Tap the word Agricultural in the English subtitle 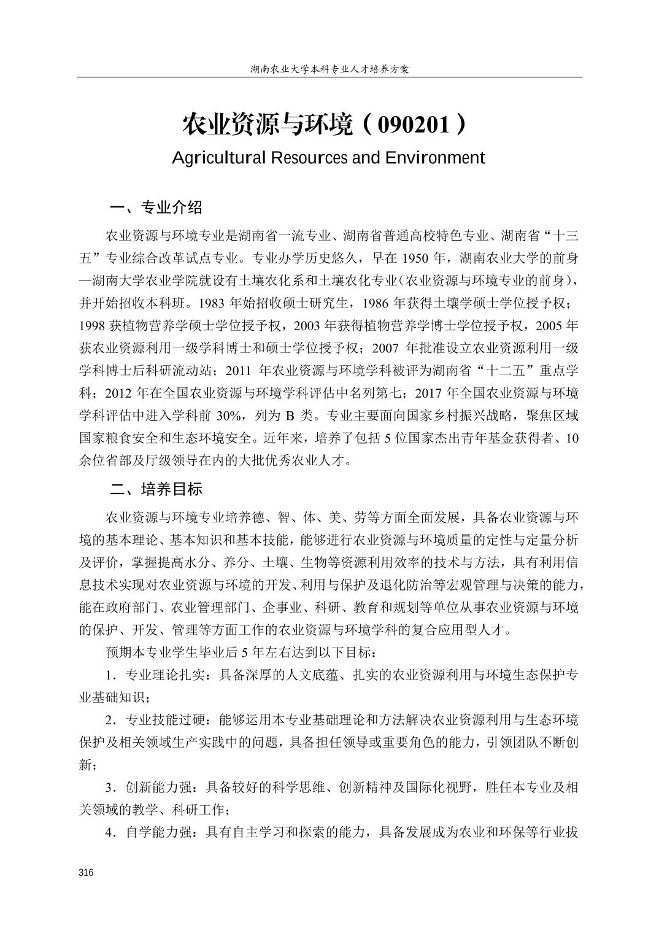[219, 158]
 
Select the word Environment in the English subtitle [435, 158]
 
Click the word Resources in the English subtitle [309, 158]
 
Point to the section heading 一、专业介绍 [156, 207]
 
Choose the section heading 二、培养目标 [156, 489]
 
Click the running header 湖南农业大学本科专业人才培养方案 [329, 69]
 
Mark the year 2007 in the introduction [385, 348]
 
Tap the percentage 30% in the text [229, 416]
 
